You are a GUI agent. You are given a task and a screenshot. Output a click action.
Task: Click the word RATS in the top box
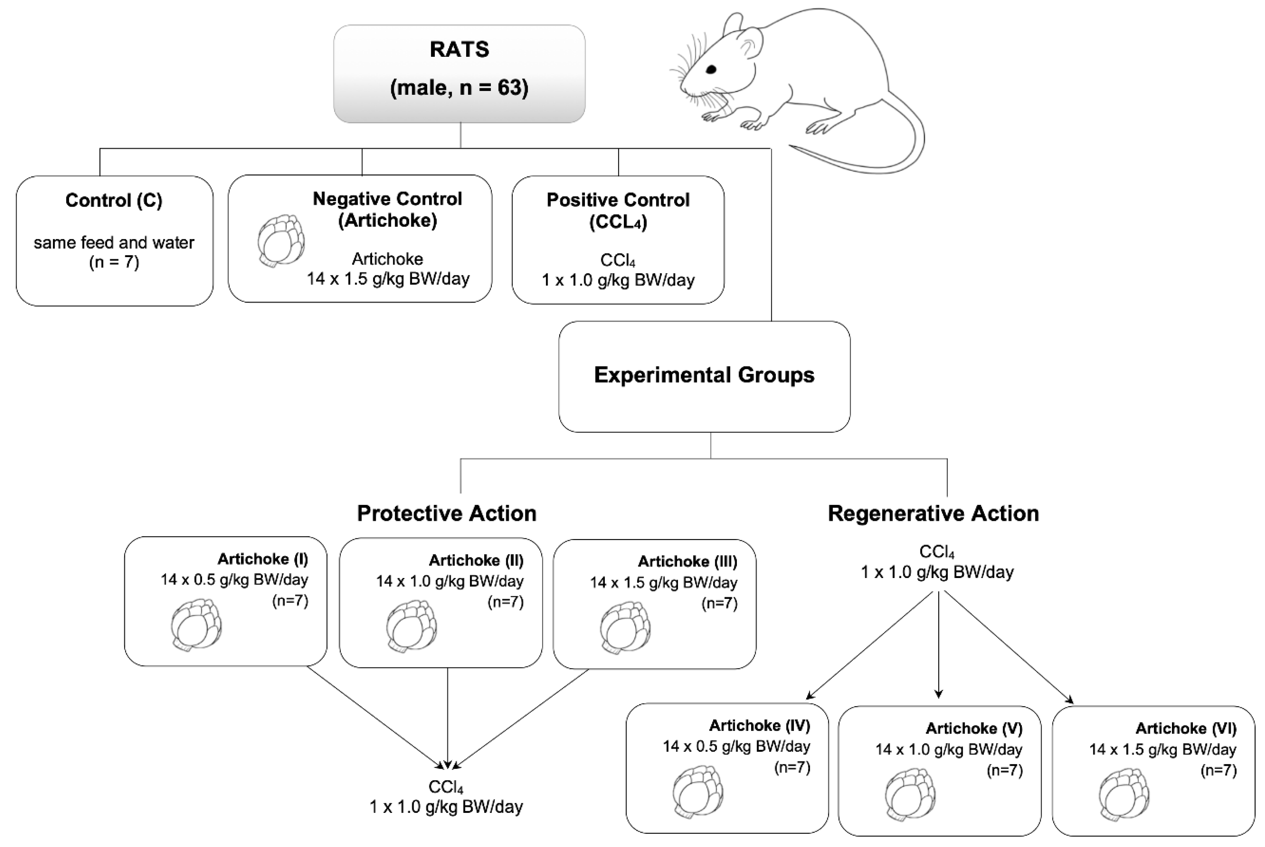[459, 49]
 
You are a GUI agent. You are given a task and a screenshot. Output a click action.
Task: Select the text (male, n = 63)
[459, 87]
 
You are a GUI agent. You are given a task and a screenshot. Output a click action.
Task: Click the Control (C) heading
[114, 200]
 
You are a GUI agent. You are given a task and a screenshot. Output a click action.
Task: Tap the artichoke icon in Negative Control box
[280, 240]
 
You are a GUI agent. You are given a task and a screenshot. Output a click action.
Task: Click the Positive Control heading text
[618, 200]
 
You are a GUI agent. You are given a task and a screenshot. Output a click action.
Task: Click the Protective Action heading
[447, 513]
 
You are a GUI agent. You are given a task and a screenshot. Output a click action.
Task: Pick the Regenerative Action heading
[933, 513]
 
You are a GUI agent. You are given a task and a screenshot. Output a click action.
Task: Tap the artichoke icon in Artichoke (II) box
[411, 626]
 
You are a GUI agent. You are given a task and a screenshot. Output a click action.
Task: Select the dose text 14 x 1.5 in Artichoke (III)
[663, 582]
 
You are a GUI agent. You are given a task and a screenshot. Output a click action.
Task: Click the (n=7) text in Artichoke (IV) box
[792, 767]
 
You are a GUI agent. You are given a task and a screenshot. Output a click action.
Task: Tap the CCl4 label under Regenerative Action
[936, 552]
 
